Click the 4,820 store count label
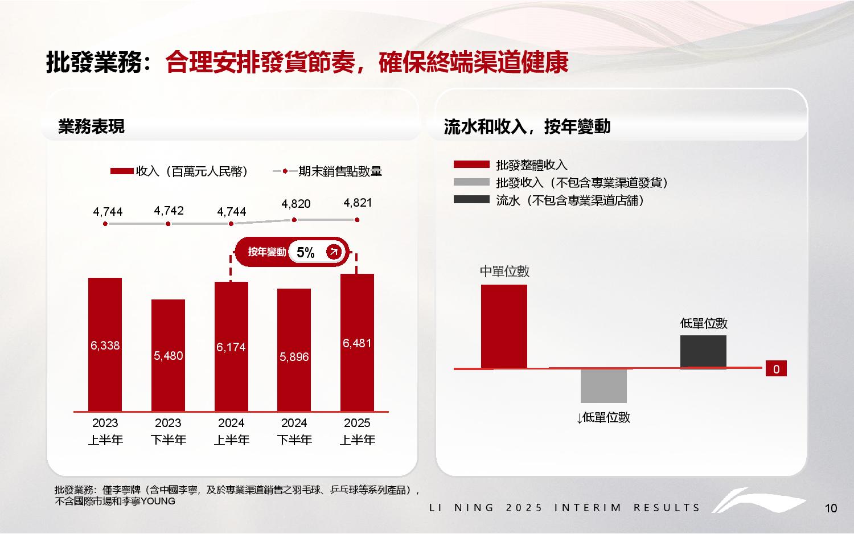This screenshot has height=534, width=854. (x=295, y=203)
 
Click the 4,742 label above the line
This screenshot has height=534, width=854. (x=169, y=211)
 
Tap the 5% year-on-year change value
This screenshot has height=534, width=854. (x=306, y=253)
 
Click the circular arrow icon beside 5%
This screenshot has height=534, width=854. (x=334, y=252)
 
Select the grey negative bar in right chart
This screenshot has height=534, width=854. (x=603, y=385)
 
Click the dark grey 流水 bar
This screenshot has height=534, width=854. (x=703, y=351)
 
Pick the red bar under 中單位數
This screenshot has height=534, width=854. (x=504, y=326)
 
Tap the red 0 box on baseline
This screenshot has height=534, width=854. (x=776, y=369)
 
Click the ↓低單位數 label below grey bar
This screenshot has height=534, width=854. (x=603, y=417)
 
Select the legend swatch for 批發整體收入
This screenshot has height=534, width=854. (x=471, y=165)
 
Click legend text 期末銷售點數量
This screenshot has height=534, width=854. (x=340, y=171)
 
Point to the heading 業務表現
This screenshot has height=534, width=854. (x=91, y=126)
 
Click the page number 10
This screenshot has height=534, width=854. (x=831, y=508)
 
